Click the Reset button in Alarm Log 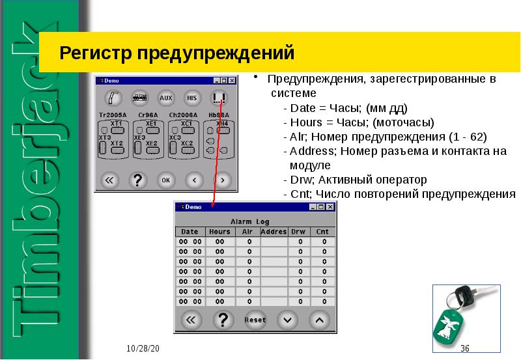pos(255,320)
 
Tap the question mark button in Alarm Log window pos(223,320)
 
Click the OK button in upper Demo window pos(166,179)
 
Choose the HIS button pos(191,98)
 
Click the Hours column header pos(219,231)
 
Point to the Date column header pos(190,231)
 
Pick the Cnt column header pos(322,231)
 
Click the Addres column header pos(274,231)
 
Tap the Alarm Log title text pos(254,221)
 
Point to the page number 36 pos(465,349)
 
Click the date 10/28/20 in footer pos(143,349)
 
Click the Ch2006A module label pos(183,114)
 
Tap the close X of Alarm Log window pos(331,207)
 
